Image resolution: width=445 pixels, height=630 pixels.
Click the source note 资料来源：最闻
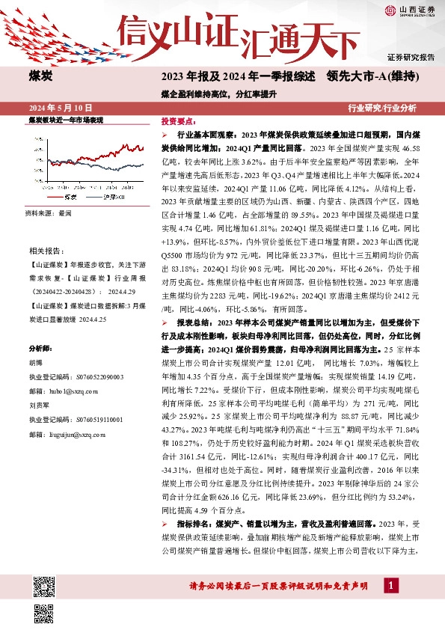[x=49, y=213]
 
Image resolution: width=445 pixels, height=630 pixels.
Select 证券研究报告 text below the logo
[x=411, y=57]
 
